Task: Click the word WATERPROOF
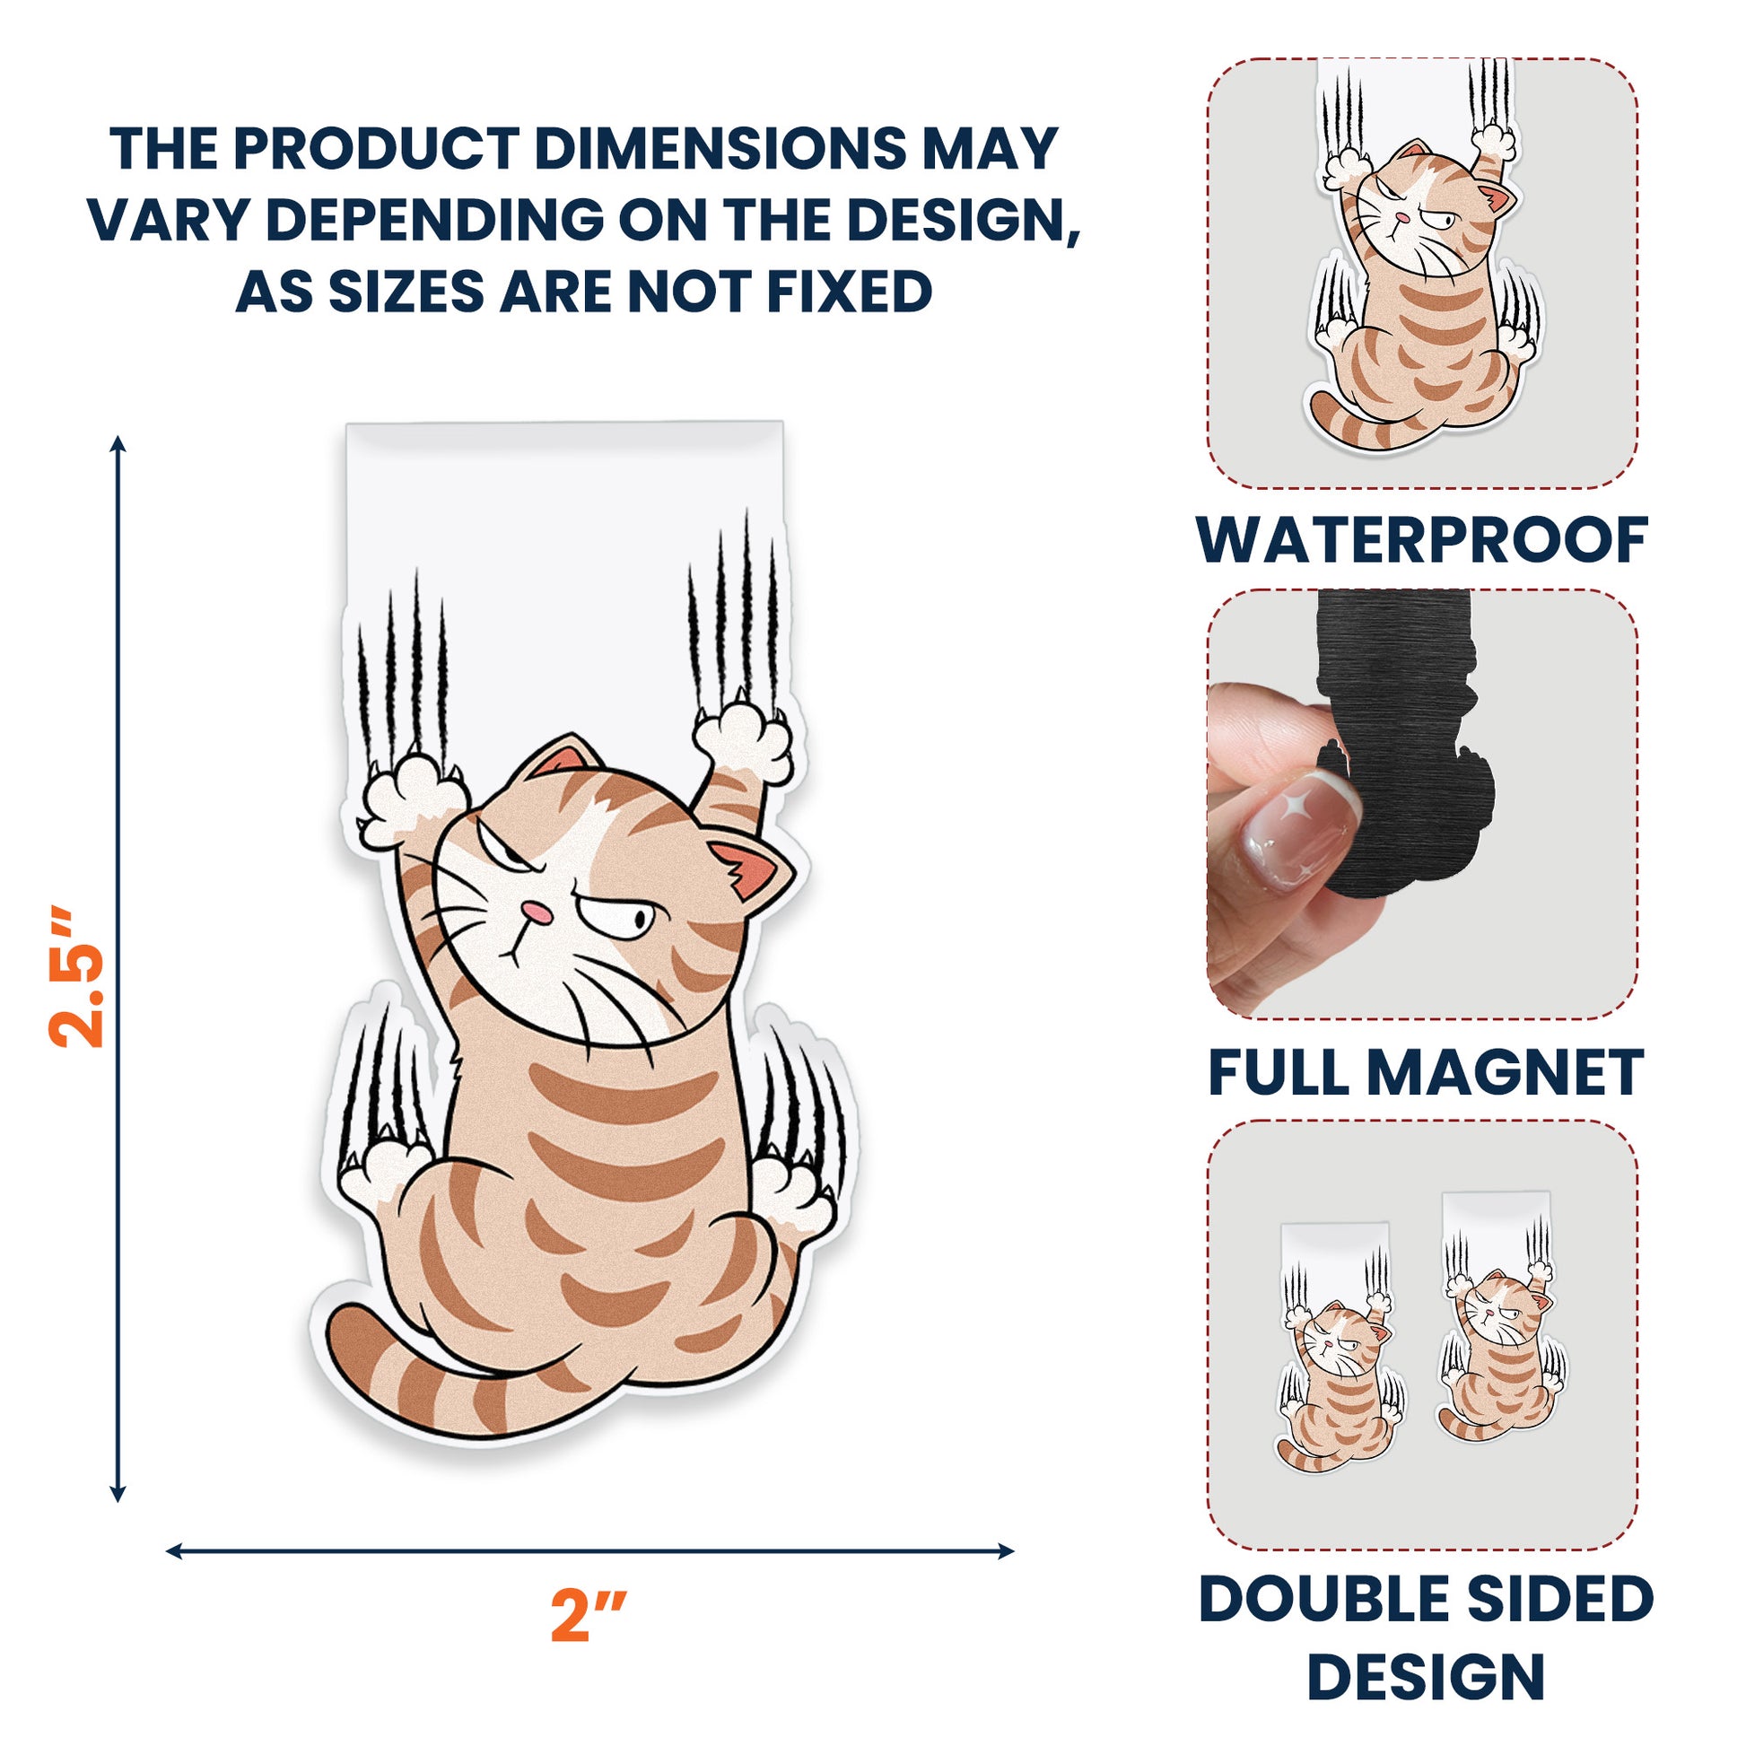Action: (x=1421, y=540)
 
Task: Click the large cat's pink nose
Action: (x=538, y=912)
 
